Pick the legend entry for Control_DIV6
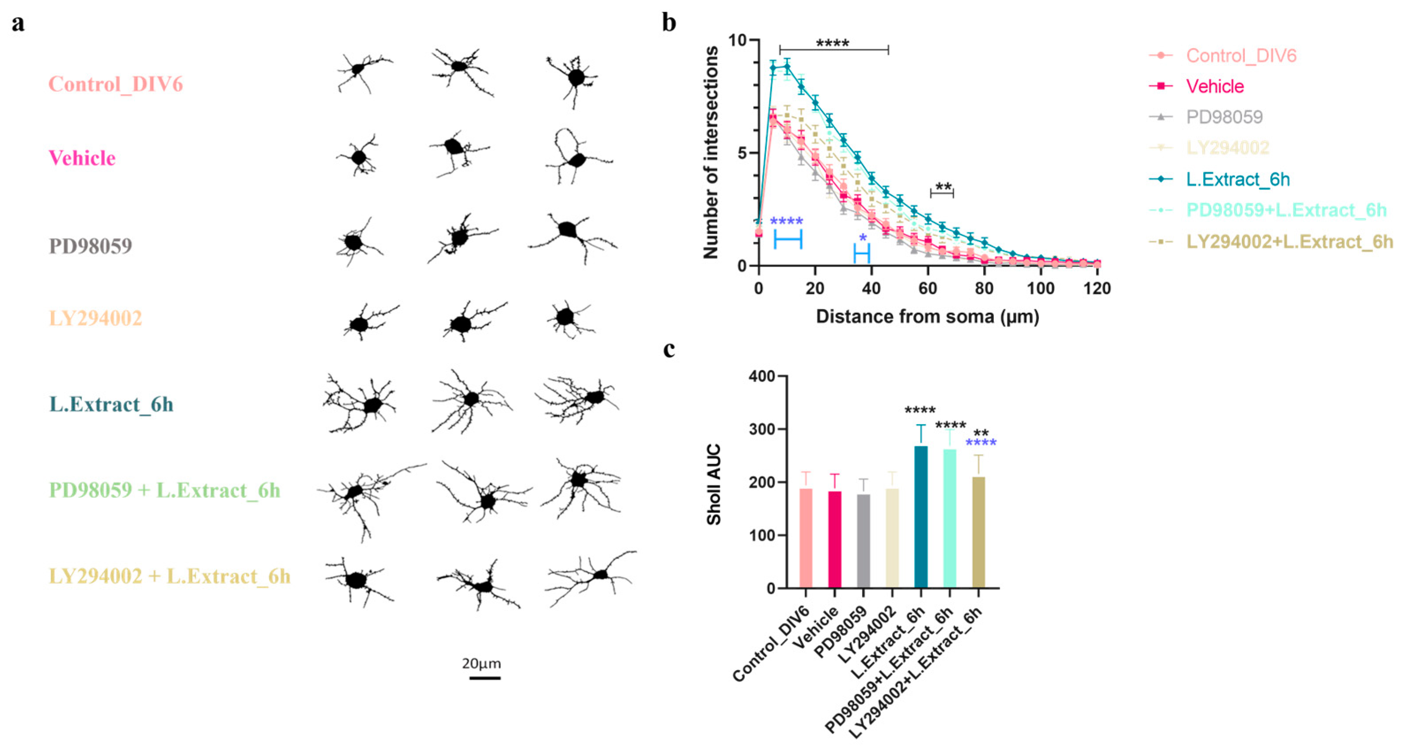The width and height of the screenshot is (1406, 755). click(1241, 56)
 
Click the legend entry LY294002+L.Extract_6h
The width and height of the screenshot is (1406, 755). click(1289, 242)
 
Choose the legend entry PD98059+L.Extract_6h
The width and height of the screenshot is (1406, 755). click(1286, 210)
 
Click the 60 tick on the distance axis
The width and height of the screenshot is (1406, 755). click(928, 288)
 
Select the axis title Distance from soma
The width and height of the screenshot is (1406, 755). click(927, 317)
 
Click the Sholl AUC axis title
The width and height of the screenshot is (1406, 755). click(713, 484)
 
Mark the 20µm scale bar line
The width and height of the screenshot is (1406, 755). click(485, 678)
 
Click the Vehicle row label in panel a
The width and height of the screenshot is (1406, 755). click(83, 158)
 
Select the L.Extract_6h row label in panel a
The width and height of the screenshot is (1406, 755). click(111, 405)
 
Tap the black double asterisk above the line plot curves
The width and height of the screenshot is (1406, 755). click(943, 187)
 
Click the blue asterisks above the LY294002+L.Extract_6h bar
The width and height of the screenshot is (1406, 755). click(981, 443)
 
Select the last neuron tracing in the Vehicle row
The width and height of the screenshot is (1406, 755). click(577, 157)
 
